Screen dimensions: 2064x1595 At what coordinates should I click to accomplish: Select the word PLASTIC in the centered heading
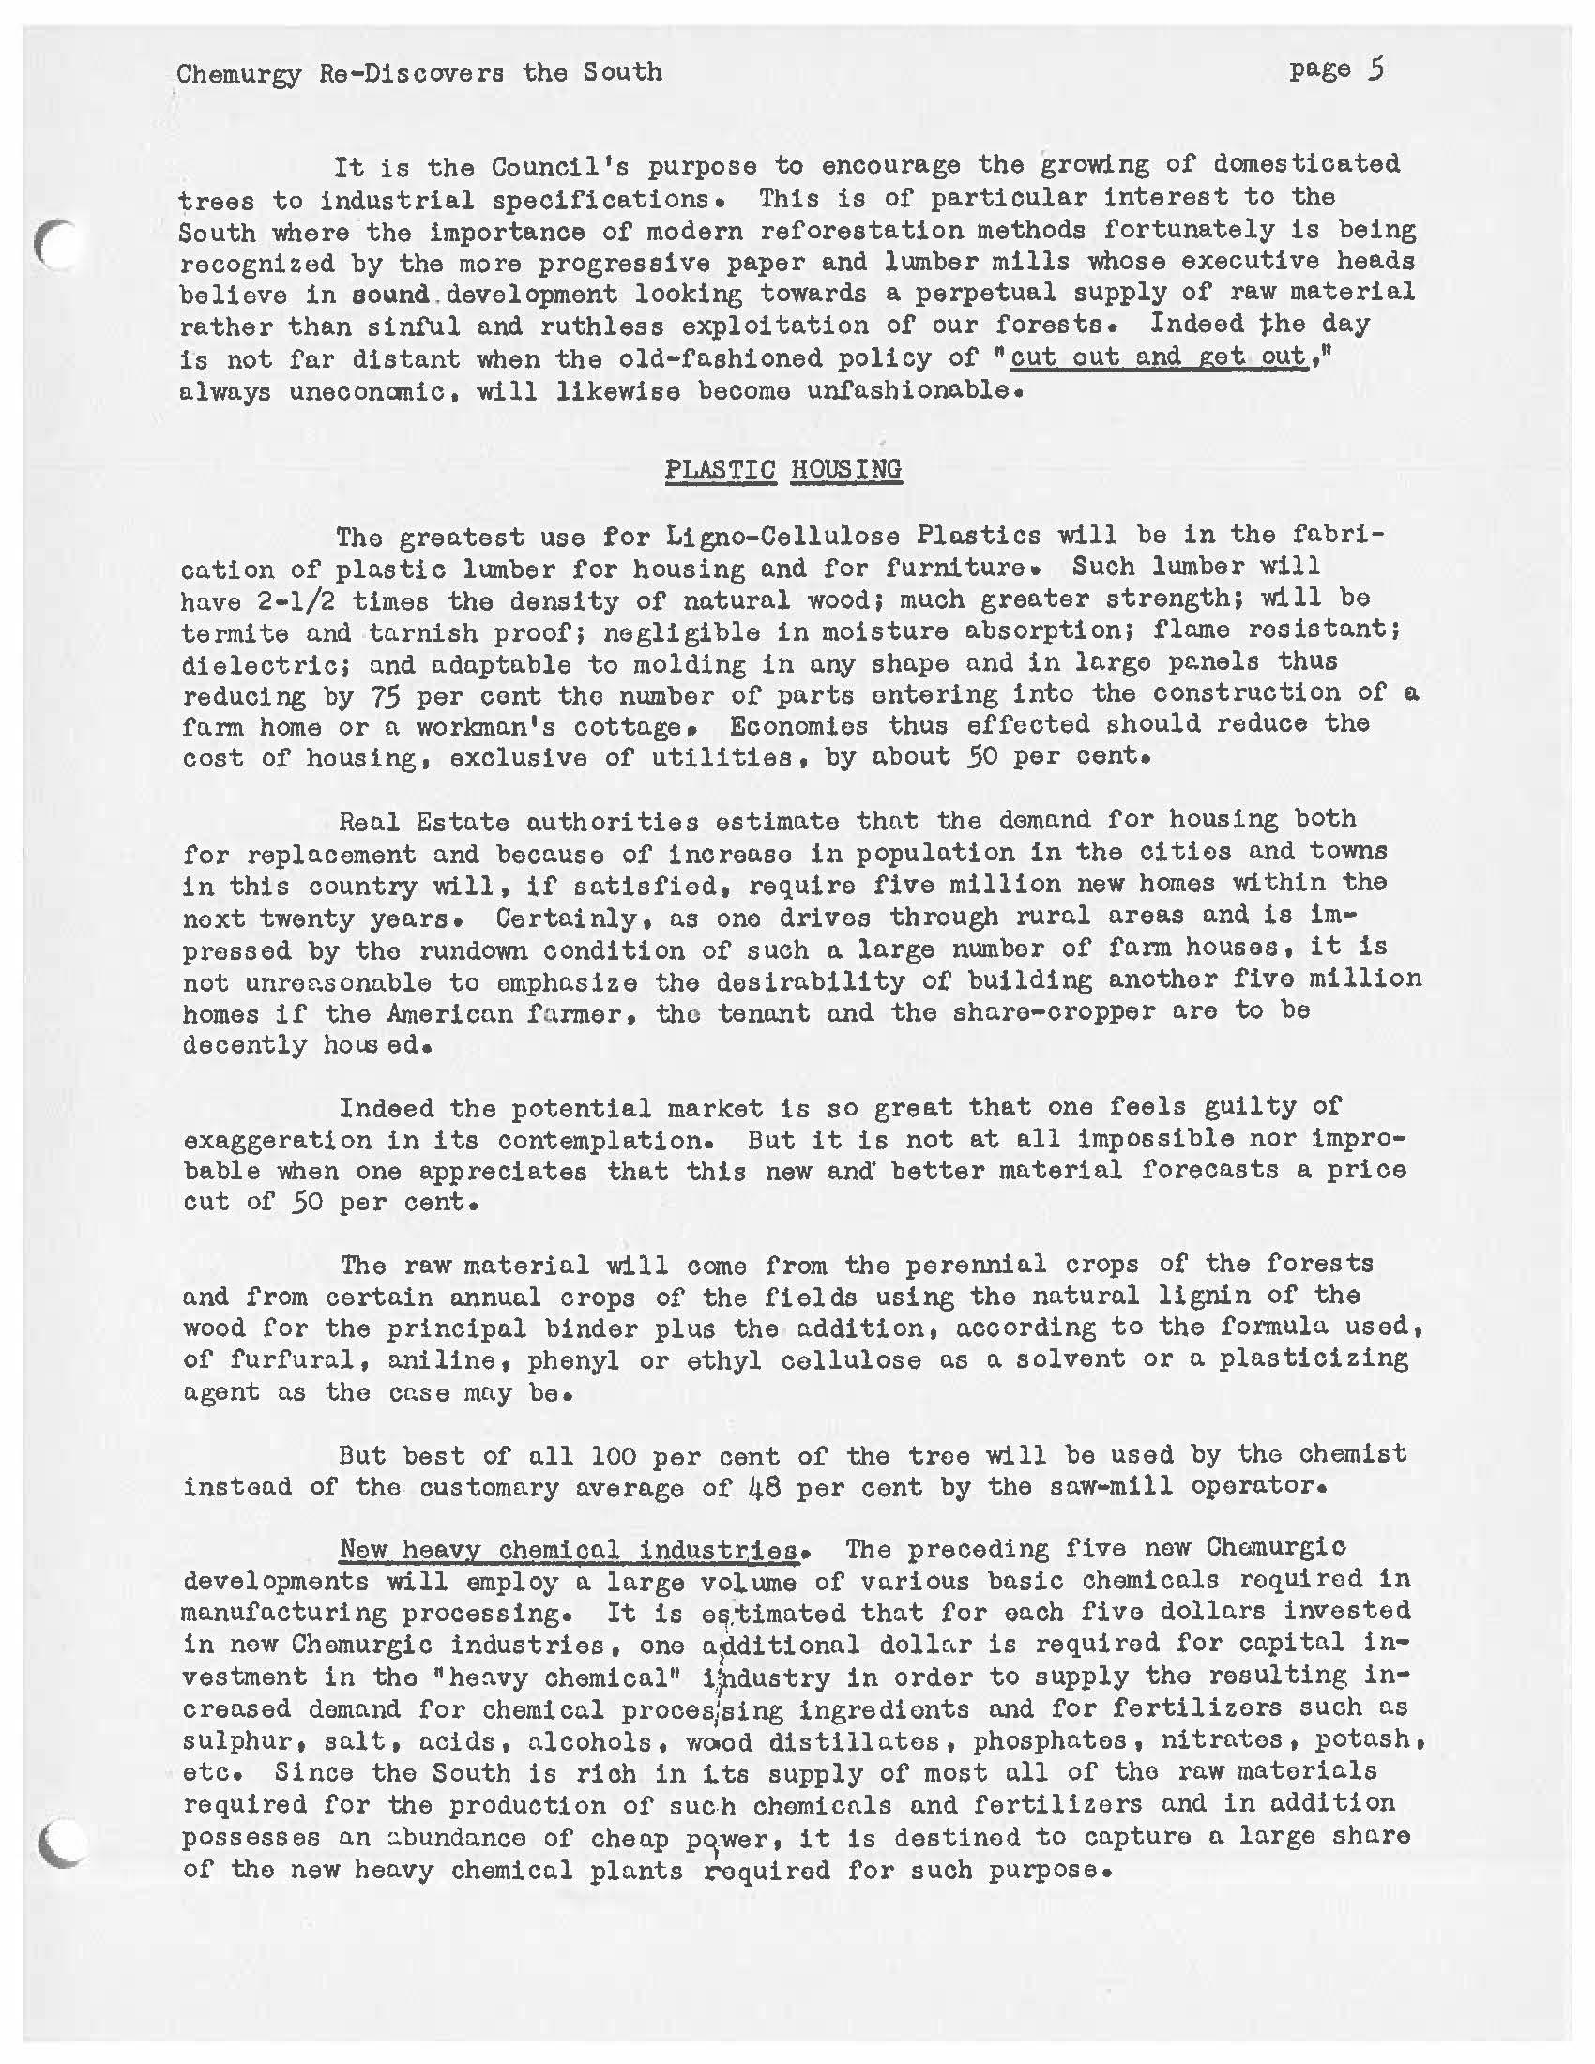click(x=720, y=470)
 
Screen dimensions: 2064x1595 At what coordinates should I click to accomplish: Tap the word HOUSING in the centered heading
click(x=845, y=470)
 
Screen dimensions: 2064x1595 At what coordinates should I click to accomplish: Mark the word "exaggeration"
click(x=277, y=1140)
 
